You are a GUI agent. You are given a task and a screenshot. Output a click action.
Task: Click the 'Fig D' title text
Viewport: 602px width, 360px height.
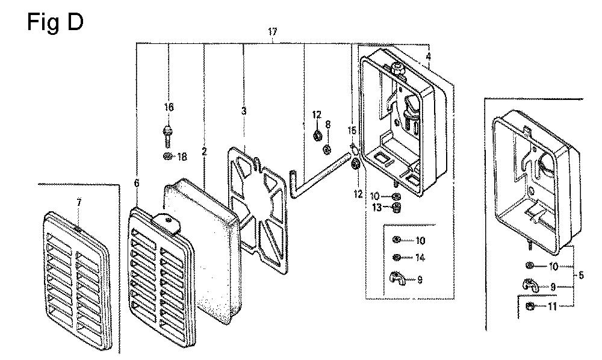point(55,22)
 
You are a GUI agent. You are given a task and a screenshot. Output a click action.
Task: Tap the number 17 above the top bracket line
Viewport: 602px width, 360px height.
point(272,32)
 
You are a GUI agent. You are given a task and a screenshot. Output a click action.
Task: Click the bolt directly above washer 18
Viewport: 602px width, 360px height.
point(168,135)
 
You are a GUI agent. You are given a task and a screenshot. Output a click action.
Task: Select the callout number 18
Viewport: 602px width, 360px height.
point(182,157)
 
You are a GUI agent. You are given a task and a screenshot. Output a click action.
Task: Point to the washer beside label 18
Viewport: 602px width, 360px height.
point(168,156)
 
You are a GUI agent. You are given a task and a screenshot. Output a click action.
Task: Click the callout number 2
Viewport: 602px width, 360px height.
point(204,152)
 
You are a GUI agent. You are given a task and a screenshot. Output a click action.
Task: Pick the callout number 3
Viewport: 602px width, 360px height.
point(244,111)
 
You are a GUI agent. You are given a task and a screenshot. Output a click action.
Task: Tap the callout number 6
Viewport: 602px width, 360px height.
point(137,184)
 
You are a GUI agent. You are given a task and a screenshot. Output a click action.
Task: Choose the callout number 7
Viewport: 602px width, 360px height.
point(79,203)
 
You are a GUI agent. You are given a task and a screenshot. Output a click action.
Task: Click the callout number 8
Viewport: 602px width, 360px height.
point(328,125)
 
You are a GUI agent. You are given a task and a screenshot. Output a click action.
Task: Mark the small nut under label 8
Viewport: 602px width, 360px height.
point(327,149)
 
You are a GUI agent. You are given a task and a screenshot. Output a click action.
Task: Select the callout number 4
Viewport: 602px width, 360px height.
point(429,57)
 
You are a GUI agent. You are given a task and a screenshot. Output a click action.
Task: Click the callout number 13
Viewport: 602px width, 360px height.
point(377,208)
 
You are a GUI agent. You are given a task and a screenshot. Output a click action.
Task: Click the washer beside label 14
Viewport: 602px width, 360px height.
point(397,257)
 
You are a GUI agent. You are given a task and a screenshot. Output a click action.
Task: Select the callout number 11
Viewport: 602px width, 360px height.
point(552,306)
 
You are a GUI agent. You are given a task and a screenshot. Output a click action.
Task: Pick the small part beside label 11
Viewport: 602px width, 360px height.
point(530,306)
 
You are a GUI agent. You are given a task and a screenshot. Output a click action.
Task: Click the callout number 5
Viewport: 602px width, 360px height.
point(581,275)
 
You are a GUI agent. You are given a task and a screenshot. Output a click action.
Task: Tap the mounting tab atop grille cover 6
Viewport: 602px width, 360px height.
point(168,222)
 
